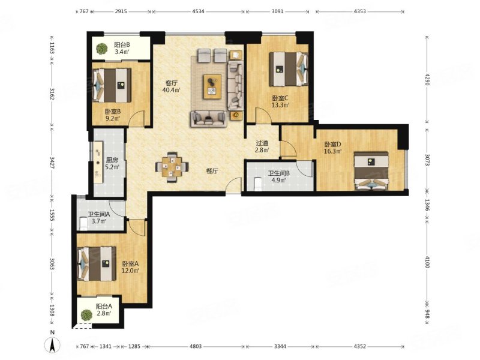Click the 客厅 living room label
[172, 83]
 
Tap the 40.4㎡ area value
[172, 90]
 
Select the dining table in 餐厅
[172, 167]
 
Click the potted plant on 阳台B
[101, 49]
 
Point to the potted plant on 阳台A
[86, 316]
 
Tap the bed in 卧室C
[289, 69]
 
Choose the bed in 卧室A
[97, 263]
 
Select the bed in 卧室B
[112, 85]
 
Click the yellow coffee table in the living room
[212, 86]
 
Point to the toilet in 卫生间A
[83, 223]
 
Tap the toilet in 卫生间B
[258, 184]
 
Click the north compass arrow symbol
[53, 346]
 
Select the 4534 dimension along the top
[198, 11]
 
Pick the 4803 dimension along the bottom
[196, 347]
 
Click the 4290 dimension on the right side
[428, 79]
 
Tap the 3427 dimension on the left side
[52, 163]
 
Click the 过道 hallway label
[262, 143]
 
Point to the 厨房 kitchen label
[112, 160]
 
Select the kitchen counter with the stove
[98, 162]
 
